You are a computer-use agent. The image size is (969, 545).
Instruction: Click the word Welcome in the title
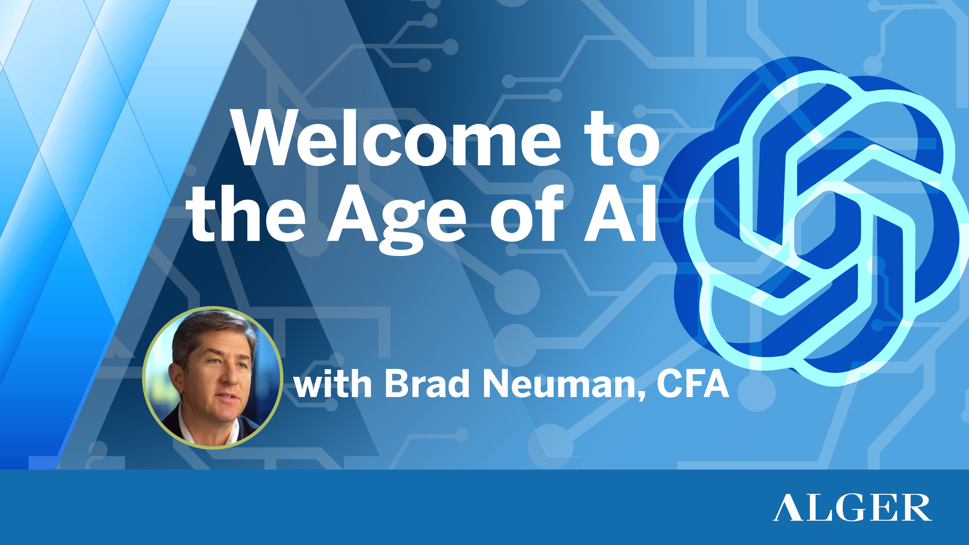397,139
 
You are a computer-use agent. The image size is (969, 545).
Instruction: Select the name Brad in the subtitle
427,384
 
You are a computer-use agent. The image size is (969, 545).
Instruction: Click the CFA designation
692,384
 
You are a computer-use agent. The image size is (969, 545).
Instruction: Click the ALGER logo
852,508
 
